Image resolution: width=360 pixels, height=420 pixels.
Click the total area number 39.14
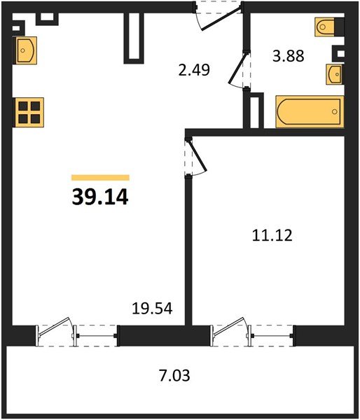100,197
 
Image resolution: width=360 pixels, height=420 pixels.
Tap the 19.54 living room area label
152,308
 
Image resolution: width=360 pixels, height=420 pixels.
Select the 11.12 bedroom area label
272,235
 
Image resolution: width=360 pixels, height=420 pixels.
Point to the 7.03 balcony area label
174,375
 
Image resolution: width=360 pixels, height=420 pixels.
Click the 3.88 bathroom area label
288,56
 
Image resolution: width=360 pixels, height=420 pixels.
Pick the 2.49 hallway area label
194,70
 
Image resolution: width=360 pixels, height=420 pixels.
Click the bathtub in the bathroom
310,111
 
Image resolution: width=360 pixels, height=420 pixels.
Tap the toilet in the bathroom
325,27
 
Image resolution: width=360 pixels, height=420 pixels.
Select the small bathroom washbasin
334,74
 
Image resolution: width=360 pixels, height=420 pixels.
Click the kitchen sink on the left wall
26,50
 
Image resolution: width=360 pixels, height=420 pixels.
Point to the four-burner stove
29,112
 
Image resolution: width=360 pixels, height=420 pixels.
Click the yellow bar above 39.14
101,178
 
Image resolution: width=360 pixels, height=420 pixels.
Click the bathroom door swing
239,69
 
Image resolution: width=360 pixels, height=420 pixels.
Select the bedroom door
197,156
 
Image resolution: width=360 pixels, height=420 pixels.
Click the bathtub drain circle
335,112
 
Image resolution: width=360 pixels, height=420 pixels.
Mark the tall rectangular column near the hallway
134,38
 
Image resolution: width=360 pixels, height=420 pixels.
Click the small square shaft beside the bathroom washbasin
338,54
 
